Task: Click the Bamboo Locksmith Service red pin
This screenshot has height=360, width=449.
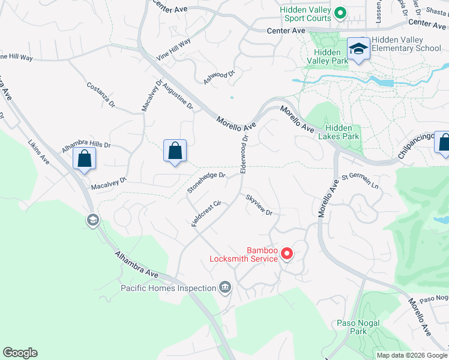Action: [x=287, y=254]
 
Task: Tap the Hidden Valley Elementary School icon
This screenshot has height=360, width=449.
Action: [x=358, y=48]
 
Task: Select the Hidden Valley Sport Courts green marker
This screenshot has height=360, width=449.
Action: [x=340, y=12]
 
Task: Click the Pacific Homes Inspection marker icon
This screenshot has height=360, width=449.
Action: [x=225, y=288]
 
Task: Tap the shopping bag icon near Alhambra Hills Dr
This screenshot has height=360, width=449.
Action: [x=84, y=159]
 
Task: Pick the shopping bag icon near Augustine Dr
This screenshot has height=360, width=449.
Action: [x=175, y=150]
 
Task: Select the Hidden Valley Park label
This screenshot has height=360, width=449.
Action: [x=327, y=56]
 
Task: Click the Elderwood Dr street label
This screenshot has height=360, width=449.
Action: [x=244, y=155]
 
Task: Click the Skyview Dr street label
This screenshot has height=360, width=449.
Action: [x=259, y=205]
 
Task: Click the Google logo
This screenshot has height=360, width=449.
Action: [x=20, y=353]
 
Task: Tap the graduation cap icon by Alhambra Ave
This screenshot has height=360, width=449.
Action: [x=92, y=221]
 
